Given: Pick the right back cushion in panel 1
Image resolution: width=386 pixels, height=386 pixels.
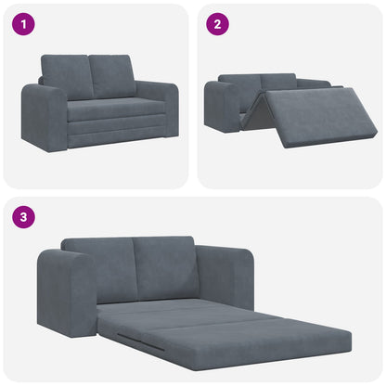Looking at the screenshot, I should tap(113, 75).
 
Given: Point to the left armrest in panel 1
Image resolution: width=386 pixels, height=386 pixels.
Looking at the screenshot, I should tap(44, 118).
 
